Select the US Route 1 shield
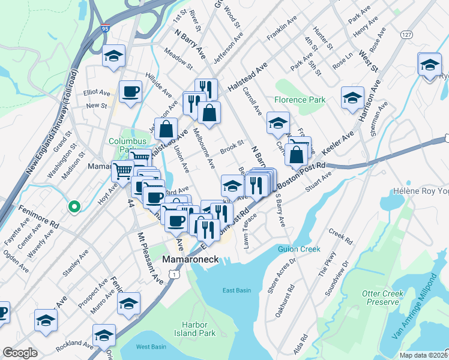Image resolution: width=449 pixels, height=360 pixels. (173, 274)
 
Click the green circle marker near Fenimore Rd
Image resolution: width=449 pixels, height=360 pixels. (74, 207)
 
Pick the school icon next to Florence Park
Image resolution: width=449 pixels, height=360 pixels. (278, 124)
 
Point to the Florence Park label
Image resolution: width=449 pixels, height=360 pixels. (300, 100)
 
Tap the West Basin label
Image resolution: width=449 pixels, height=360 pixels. (151, 347)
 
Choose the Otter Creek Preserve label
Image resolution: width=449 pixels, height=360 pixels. (384, 298)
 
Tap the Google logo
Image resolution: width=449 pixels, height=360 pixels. (20, 353)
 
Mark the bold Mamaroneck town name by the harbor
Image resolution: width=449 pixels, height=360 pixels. (190, 260)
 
